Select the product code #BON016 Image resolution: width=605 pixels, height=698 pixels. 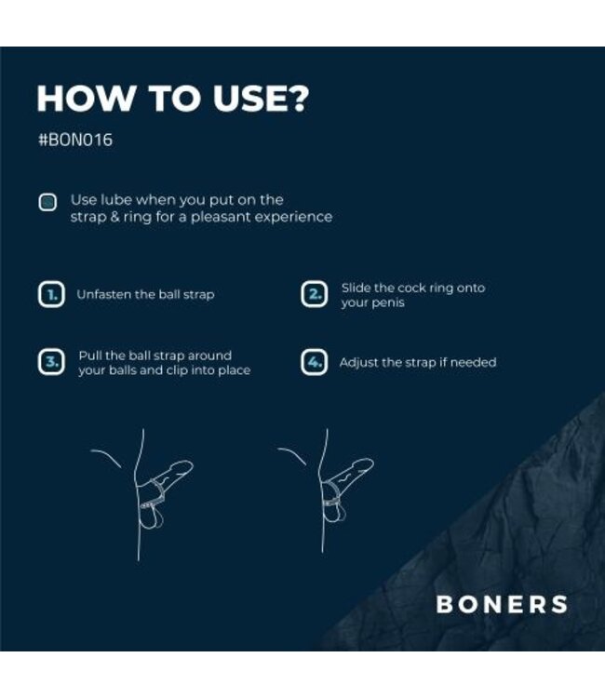click(x=74, y=141)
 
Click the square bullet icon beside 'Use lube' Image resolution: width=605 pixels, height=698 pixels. click(x=47, y=203)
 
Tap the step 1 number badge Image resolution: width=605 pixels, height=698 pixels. click(x=50, y=295)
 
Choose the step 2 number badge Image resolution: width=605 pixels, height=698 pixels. click(x=315, y=295)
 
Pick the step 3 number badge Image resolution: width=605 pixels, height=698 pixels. click(x=50, y=362)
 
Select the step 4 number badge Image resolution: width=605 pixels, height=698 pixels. click(x=315, y=362)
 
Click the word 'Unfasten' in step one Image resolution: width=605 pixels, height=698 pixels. click(x=104, y=295)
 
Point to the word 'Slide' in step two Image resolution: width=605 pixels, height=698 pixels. click(x=358, y=288)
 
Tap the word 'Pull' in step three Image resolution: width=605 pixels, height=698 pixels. click(x=90, y=356)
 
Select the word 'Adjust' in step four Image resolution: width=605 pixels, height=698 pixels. click(x=359, y=362)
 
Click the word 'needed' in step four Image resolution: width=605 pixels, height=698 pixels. click(x=474, y=362)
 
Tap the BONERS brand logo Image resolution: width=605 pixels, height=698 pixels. click(x=502, y=604)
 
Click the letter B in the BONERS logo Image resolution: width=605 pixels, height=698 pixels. click(x=446, y=604)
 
